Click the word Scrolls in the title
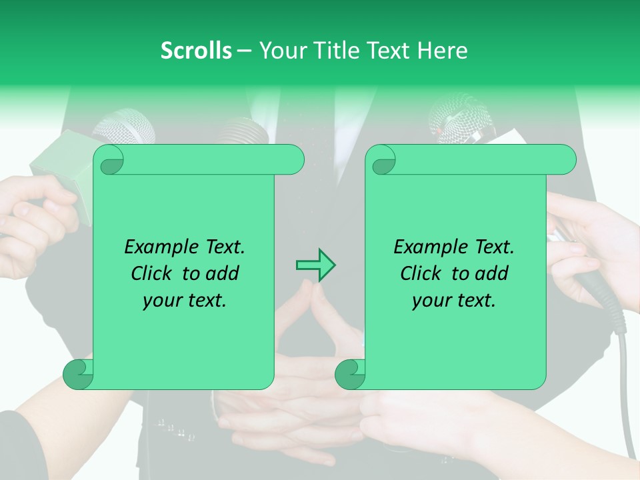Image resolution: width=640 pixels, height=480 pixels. (196, 51)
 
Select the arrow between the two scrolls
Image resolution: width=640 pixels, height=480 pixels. (315, 265)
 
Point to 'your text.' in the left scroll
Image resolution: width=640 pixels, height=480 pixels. (185, 301)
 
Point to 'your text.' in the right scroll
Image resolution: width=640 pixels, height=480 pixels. (454, 301)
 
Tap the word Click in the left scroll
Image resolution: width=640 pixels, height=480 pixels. (152, 273)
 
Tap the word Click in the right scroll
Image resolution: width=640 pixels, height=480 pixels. (421, 273)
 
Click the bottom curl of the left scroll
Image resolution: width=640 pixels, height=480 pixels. (78, 375)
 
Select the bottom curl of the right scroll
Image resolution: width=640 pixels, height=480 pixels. (349, 375)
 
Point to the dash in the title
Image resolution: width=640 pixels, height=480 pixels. (245, 51)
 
